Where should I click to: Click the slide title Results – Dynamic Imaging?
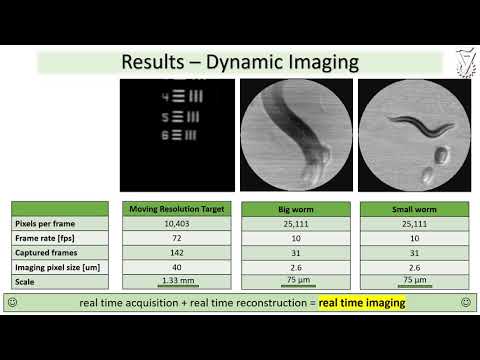tap(239, 62)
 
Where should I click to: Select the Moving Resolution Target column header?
tap(177, 208)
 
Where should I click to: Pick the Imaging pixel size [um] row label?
tap(59, 268)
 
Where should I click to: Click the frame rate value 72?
tap(177, 240)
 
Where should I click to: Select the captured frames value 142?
tap(177, 254)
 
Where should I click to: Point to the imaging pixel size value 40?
tap(177, 268)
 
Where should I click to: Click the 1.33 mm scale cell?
tap(177, 282)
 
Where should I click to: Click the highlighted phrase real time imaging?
tap(362, 302)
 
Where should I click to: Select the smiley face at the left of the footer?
tap(12, 302)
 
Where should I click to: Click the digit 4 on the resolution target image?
tap(165, 97)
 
